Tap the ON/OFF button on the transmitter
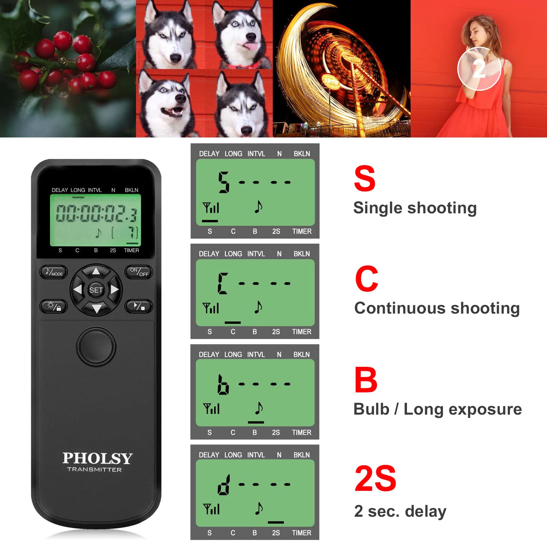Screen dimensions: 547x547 pyautogui.click(x=139, y=272)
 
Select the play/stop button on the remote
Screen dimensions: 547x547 pyautogui.click(x=139, y=306)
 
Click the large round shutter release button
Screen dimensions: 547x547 pyautogui.click(x=96, y=346)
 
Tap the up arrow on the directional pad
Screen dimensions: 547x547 pyautogui.click(x=96, y=271)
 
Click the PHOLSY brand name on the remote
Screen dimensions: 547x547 pyautogui.click(x=97, y=458)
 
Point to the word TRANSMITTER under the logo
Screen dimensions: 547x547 pyautogui.click(x=94, y=470)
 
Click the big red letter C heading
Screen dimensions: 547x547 pyautogui.click(x=366, y=279)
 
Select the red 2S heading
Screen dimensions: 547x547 pyautogui.click(x=375, y=478)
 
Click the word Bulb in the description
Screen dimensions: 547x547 pyautogui.click(x=372, y=409)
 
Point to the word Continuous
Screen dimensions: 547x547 pyautogui.click(x=395, y=308)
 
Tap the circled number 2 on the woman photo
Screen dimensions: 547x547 pyautogui.click(x=479, y=69)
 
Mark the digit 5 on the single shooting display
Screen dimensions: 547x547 pyautogui.click(x=224, y=182)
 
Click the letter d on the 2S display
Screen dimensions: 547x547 pyautogui.click(x=223, y=485)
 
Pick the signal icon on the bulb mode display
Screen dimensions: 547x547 pyautogui.click(x=212, y=409)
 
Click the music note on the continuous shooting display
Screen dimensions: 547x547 pyautogui.click(x=258, y=307)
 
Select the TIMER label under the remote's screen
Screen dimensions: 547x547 pyautogui.click(x=131, y=251)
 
